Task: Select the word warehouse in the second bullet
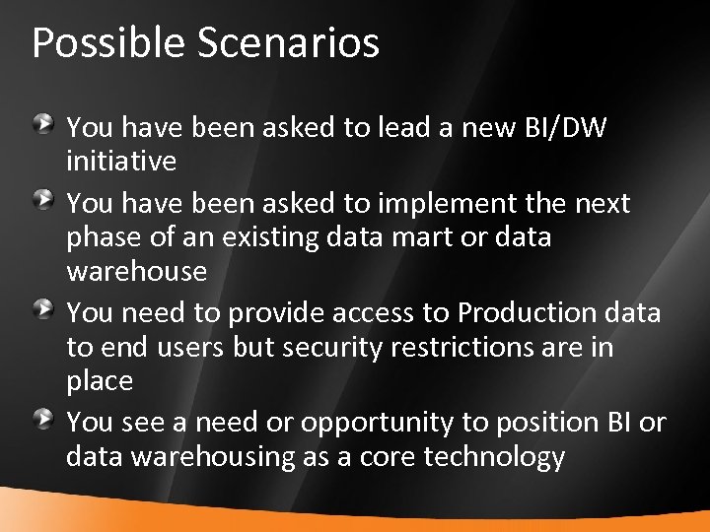136,270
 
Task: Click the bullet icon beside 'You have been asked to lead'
44,124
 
